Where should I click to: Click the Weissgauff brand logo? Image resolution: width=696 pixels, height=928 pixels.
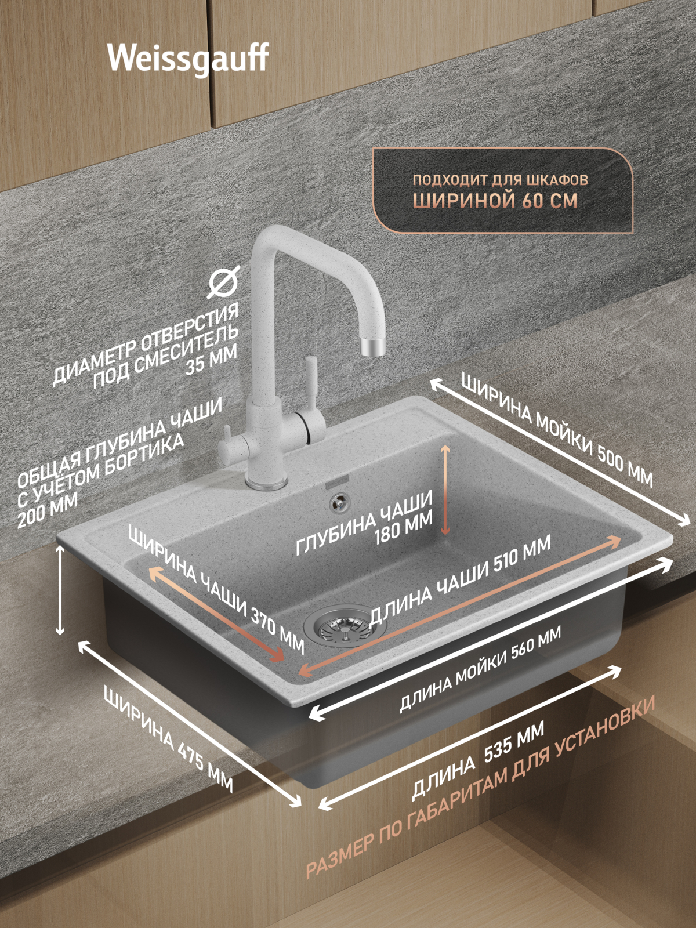(188, 60)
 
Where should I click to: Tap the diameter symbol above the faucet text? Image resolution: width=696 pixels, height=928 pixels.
(225, 283)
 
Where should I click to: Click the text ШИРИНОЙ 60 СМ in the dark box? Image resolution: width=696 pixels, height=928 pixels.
(495, 201)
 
